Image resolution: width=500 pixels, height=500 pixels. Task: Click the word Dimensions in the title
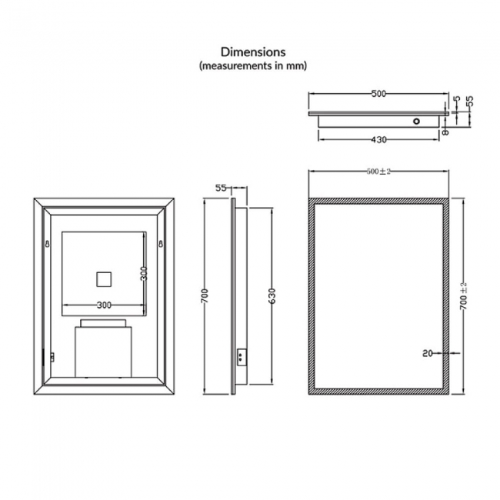tap(253, 52)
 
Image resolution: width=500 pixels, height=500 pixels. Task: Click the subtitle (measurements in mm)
tap(253, 67)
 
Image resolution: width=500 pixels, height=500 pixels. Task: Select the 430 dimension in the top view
tap(378, 139)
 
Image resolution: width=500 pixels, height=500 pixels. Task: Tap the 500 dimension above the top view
tap(378, 94)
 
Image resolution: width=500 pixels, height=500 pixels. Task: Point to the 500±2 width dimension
tap(379, 171)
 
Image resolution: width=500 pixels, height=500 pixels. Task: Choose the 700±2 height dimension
tap(463, 296)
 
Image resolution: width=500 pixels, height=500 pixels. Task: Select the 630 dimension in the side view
tap(271, 296)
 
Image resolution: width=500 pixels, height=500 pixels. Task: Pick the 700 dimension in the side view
tap(204, 296)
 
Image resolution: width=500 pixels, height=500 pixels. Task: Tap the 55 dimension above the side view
tap(221, 187)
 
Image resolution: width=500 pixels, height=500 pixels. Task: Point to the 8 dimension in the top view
tap(445, 132)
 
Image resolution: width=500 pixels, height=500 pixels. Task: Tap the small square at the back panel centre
tap(103, 278)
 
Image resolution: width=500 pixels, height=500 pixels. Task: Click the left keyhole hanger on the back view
tap(48, 245)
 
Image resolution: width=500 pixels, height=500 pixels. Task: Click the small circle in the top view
tap(416, 122)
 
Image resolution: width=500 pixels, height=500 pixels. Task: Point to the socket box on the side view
tap(242, 355)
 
